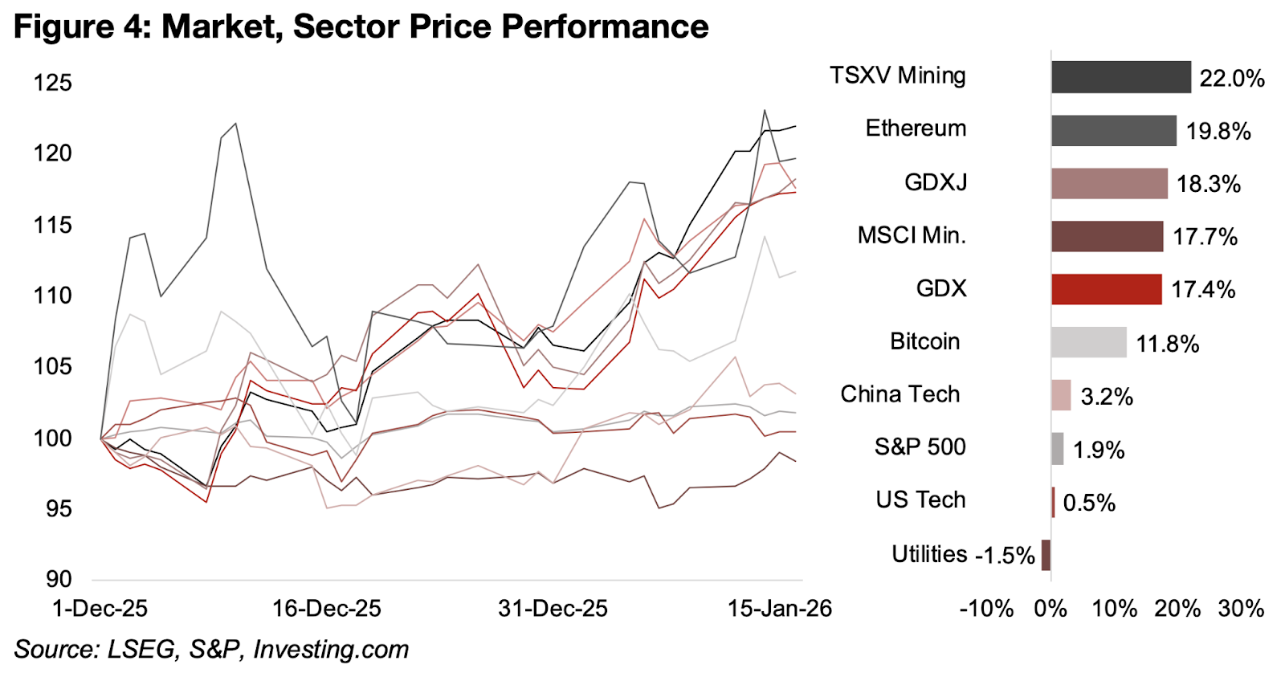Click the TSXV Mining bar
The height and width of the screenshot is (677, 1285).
pyautogui.click(x=1120, y=77)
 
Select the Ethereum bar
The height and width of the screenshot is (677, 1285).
pyautogui.click(x=1113, y=130)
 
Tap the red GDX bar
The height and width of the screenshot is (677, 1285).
pyautogui.click(x=1106, y=289)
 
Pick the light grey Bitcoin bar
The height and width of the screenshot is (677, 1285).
pyautogui.click(x=1088, y=342)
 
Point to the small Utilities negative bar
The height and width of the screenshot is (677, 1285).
pyautogui.click(x=1046, y=555)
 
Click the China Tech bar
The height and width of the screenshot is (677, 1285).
pyautogui.click(x=1061, y=395)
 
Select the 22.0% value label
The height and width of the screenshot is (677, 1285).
pyautogui.click(x=1231, y=78)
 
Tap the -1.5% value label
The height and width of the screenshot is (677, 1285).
pyautogui.click(x=1005, y=555)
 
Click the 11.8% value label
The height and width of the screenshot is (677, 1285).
pyautogui.click(x=1167, y=344)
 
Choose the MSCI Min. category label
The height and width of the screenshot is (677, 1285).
pyautogui.click(x=912, y=235)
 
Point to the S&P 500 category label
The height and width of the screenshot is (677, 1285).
pyautogui.click(x=920, y=447)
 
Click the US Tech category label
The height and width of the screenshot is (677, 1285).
pyautogui.click(x=920, y=500)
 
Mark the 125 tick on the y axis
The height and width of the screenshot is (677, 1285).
pyautogui.click(x=53, y=83)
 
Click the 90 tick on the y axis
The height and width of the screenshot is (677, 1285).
pyautogui.click(x=59, y=579)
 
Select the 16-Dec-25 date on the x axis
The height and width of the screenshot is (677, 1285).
pyautogui.click(x=326, y=609)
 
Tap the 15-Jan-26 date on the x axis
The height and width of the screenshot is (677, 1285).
pyautogui.click(x=779, y=609)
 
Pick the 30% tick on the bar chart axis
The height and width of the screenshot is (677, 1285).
pyautogui.click(x=1241, y=609)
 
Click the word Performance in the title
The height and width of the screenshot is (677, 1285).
pyautogui.click(x=605, y=27)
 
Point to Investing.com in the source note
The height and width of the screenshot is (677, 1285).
pyautogui.click(x=331, y=649)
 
